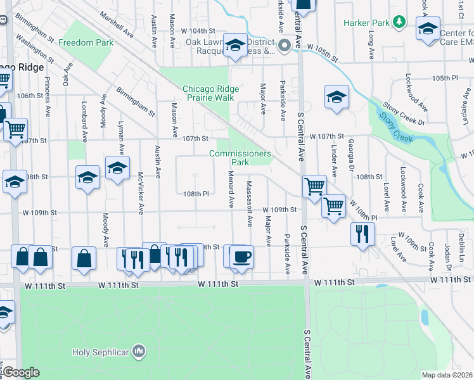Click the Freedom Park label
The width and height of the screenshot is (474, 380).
[86, 43]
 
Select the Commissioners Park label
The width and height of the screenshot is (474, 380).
[240, 158]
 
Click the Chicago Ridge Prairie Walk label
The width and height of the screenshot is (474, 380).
[208, 93]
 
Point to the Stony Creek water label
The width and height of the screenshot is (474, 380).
[395, 127]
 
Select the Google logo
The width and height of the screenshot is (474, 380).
[22, 372]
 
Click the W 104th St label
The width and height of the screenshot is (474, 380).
[194, 31]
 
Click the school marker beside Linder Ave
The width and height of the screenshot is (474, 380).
[336, 98]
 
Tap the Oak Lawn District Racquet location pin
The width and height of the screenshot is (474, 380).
[284, 44]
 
